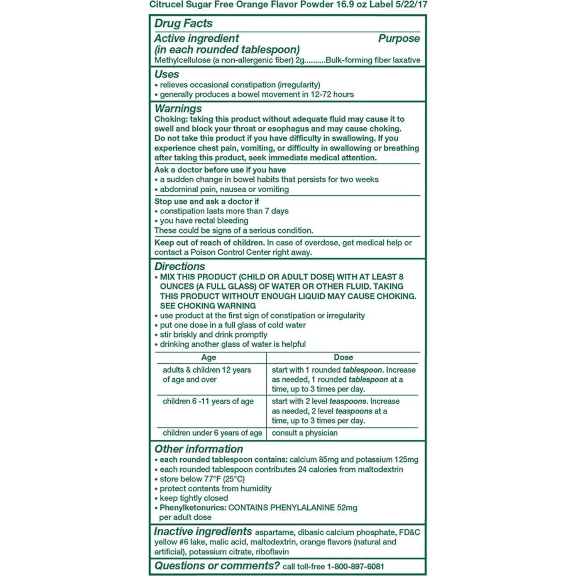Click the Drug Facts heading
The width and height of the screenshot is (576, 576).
[183, 24]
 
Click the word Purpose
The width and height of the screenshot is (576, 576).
[398, 39]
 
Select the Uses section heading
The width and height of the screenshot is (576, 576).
[167, 74]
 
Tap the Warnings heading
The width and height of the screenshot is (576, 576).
[178, 108]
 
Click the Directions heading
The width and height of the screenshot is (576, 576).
[180, 266]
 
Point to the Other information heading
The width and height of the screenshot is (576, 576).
[198, 449]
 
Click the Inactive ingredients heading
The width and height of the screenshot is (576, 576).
[203, 532]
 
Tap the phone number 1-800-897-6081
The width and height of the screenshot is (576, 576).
[355, 566]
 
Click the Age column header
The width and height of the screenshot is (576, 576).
[208, 357]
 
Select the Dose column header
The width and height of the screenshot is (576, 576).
[343, 357]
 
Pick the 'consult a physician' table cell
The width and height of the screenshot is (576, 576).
[305, 433]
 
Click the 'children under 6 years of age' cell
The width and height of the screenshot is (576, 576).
[212, 433]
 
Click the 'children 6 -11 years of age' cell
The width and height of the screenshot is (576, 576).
[208, 402]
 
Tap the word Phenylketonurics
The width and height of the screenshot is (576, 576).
[193, 508]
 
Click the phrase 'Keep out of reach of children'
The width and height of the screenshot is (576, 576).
[209, 243]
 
